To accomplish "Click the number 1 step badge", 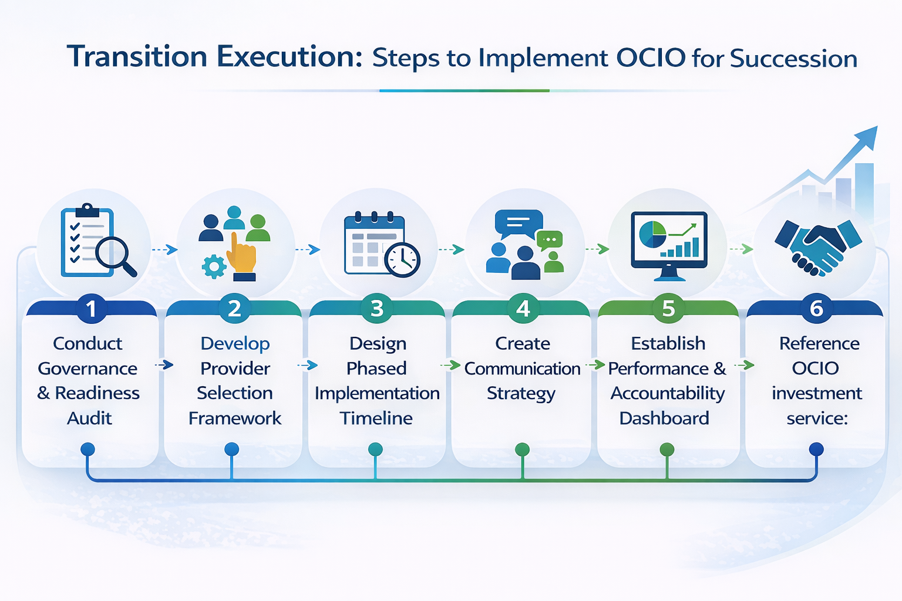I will click(x=91, y=309).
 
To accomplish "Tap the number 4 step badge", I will click(x=523, y=309).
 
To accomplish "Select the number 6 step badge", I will click(x=816, y=309).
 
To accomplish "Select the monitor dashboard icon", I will click(x=669, y=244).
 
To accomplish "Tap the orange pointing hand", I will click(x=243, y=255).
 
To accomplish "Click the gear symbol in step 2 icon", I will click(x=214, y=266).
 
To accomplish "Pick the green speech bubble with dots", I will click(x=550, y=240).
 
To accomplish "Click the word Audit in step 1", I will click(x=89, y=418).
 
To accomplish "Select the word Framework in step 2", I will click(x=235, y=418).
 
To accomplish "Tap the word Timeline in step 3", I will click(x=376, y=418).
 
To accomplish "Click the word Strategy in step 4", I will click(x=521, y=393).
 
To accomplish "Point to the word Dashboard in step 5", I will click(x=664, y=418).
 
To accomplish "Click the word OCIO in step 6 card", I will click(x=815, y=369).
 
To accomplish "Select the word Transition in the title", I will click(x=137, y=57).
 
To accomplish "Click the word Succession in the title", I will click(x=793, y=59).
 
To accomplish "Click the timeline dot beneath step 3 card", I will click(x=375, y=450).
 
